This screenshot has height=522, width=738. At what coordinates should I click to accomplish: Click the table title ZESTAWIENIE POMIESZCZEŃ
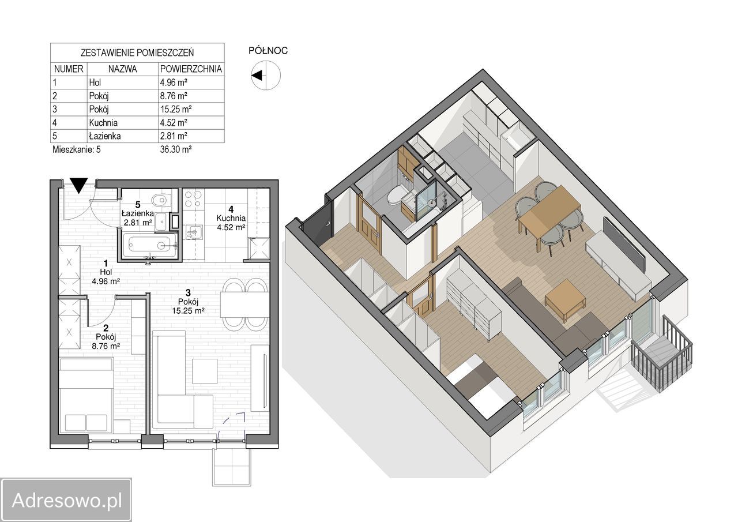[137, 52]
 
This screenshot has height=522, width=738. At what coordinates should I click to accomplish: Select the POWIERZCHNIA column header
[191, 69]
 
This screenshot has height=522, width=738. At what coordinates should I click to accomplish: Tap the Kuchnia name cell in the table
[103, 123]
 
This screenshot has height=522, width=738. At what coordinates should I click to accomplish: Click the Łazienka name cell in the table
[105, 136]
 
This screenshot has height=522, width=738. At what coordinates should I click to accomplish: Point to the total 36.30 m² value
[176, 149]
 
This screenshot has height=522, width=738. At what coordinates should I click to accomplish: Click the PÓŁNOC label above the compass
[268, 51]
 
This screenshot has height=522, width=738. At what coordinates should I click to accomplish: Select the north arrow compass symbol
[266, 75]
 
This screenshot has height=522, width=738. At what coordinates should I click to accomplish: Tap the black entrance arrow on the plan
[79, 185]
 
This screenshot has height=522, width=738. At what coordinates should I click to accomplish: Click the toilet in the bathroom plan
[161, 200]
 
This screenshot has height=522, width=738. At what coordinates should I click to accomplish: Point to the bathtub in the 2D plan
[150, 246]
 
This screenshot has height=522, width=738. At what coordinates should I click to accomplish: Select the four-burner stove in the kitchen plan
[193, 199]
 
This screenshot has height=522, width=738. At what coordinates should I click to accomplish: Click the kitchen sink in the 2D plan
[195, 232]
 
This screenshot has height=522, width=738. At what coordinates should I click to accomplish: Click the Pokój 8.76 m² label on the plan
[106, 337]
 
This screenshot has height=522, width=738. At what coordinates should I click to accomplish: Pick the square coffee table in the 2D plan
[205, 371]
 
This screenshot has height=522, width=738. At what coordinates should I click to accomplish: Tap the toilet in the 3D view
[398, 195]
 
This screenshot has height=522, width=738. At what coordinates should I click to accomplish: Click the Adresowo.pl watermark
[67, 500]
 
